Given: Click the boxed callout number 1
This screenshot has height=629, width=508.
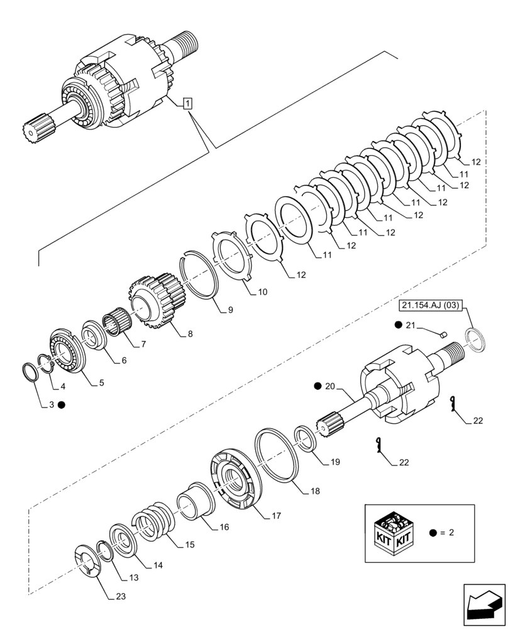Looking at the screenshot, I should [188, 103].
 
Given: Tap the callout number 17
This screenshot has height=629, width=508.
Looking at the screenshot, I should [276, 515].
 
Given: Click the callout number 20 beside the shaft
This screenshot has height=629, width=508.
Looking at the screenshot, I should [331, 386].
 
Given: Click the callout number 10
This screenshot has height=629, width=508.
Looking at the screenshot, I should [263, 292].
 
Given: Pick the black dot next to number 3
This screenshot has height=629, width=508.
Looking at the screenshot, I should [61, 405].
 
